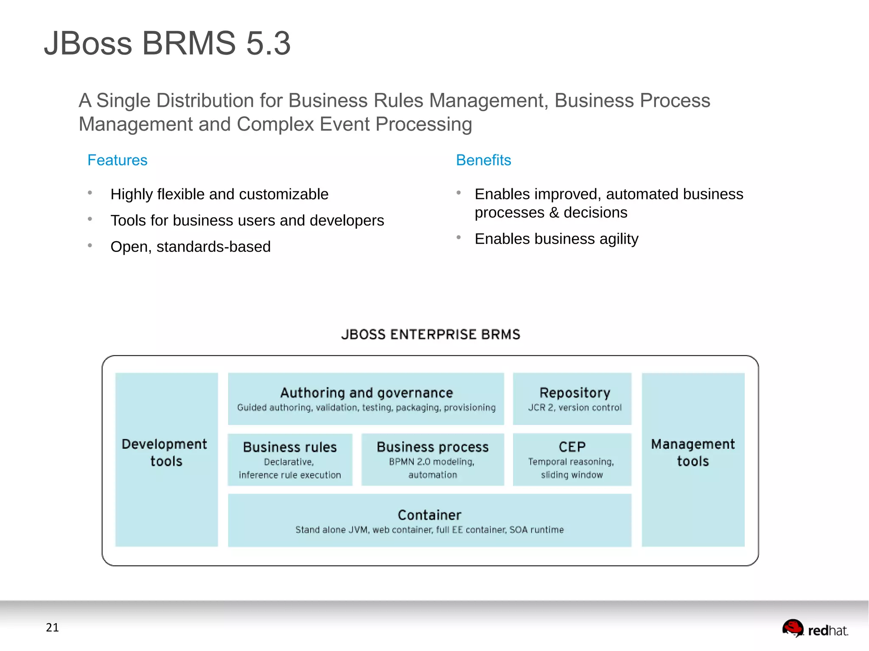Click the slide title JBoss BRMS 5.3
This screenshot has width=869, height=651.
click(x=167, y=43)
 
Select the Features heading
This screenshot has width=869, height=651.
click(x=117, y=160)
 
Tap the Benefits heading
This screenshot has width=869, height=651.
click(x=483, y=160)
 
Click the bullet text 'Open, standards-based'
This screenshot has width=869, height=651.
click(x=190, y=247)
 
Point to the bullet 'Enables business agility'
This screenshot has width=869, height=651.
click(x=556, y=239)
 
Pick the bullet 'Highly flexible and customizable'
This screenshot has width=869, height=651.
click(x=219, y=194)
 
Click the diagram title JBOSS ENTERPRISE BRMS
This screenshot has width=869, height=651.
click(x=430, y=335)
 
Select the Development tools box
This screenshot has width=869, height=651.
click(x=166, y=460)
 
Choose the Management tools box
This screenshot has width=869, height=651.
click(x=693, y=460)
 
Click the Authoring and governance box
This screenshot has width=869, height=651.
click(x=366, y=399)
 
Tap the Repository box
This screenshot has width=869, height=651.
click(x=572, y=399)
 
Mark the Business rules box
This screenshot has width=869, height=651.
click(x=290, y=460)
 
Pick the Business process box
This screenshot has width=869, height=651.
click(x=432, y=460)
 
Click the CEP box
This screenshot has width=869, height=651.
click(x=572, y=460)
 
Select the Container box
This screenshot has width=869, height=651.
click(x=429, y=520)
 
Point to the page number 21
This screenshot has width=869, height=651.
click(x=52, y=628)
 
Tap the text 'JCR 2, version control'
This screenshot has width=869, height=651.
click(x=575, y=408)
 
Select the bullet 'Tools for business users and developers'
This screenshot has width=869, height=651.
click(x=247, y=221)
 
